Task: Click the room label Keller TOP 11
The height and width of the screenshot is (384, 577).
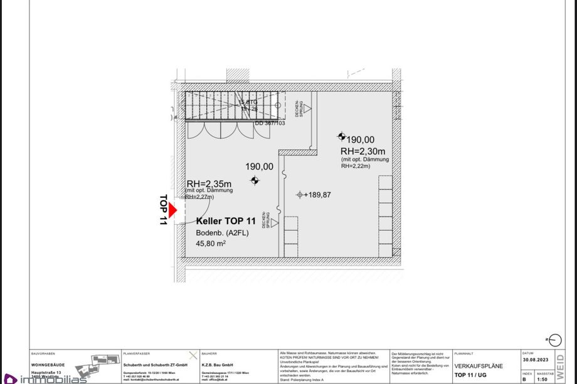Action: (x=226, y=221)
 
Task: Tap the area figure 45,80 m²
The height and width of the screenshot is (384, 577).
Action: (x=211, y=243)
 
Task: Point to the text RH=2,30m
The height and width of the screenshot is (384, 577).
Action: (x=363, y=151)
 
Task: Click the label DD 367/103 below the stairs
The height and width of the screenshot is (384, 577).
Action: (x=270, y=123)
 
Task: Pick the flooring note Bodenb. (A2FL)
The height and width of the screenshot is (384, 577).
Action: (x=221, y=232)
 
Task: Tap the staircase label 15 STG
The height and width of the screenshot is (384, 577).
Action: (x=248, y=101)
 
